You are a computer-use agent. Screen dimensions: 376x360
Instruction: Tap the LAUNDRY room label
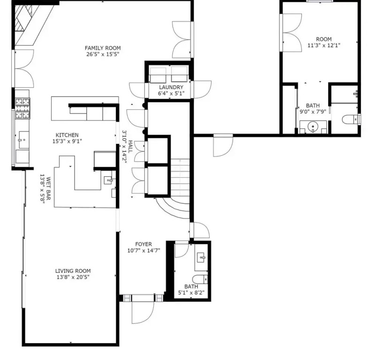tap(171, 87)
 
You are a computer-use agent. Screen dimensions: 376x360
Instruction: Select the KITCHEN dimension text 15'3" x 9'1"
tap(67, 141)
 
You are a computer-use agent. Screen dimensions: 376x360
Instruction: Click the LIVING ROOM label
tap(73, 271)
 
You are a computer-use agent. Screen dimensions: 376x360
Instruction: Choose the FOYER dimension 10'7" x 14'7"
tap(143, 250)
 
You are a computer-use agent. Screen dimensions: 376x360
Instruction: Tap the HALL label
tap(130, 147)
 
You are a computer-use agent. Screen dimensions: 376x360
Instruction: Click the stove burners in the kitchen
tap(23, 109)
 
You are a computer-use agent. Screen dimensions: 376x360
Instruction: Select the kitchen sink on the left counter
tap(23, 140)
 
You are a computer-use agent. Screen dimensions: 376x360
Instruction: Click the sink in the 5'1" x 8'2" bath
tap(202, 258)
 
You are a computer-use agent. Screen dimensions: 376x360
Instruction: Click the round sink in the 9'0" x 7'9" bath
tap(313, 126)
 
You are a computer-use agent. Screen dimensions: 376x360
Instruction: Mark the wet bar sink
tap(109, 180)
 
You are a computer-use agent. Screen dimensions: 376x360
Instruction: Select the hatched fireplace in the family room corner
tap(23, 18)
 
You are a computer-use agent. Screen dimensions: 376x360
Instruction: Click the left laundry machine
tap(158, 75)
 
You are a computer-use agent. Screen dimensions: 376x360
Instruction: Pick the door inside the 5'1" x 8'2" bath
tap(182, 250)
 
